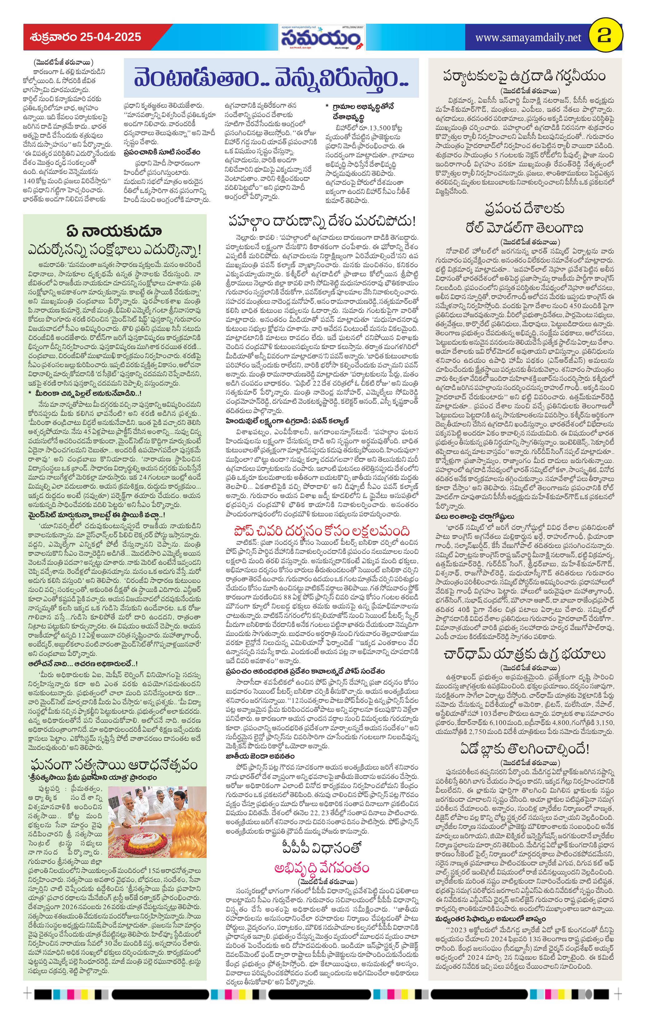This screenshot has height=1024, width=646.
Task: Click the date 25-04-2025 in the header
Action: (110, 37)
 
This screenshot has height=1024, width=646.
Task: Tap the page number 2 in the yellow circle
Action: (604, 37)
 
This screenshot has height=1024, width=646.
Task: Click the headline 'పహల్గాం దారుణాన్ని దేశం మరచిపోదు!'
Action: (322, 222)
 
